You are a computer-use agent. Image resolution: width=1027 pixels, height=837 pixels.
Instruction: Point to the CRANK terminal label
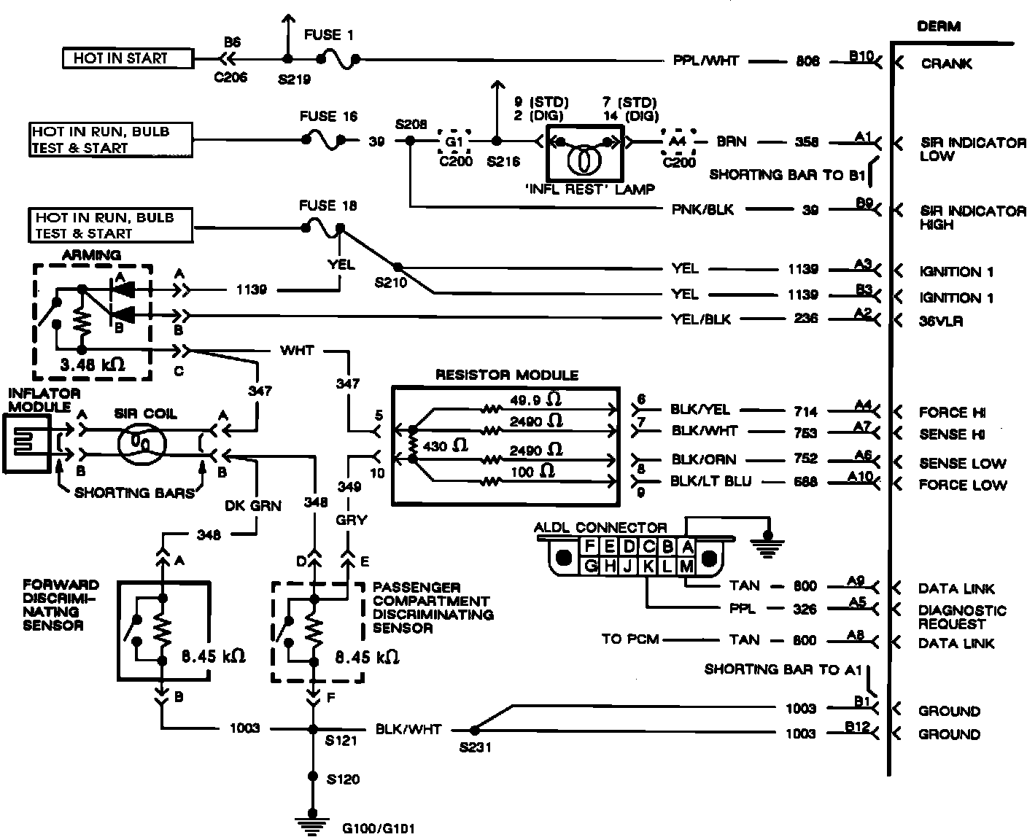[x=946, y=63]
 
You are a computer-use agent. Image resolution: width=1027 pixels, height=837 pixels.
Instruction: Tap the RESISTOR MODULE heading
[x=507, y=375]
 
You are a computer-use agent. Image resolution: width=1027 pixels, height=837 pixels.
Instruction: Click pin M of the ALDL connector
[x=686, y=565]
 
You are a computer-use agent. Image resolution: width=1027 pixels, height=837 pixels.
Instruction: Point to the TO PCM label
[x=630, y=639]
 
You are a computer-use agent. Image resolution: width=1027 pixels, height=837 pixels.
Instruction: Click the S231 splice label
[x=475, y=747]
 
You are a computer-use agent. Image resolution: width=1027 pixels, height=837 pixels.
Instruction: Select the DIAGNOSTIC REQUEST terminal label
[x=962, y=617]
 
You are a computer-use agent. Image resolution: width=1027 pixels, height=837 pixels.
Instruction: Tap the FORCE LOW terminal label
[x=963, y=485]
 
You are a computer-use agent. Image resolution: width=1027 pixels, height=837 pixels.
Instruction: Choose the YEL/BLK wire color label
[x=700, y=319]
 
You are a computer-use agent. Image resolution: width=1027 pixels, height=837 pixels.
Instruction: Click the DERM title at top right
[x=939, y=26]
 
